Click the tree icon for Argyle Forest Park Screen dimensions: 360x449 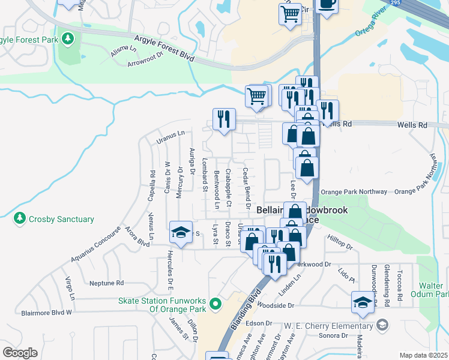[x=68, y=39]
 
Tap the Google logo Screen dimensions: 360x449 [x=20, y=352]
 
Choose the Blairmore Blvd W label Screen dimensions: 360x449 [x=46, y=313]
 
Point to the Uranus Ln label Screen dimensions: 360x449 [x=170, y=137]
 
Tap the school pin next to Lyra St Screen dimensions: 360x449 [x=180, y=232]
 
